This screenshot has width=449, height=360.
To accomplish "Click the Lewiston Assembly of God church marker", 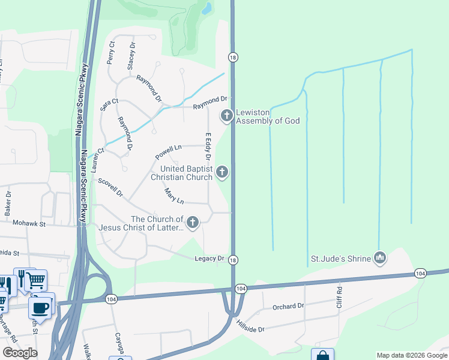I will click(x=227, y=115).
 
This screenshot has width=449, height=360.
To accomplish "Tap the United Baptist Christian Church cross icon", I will click(x=222, y=173).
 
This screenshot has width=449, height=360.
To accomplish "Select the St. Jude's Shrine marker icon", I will click(x=379, y=259).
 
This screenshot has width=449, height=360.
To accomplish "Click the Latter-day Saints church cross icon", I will click(x=193, y=223).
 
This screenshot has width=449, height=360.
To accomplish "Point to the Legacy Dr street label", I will click(x=209, y=259).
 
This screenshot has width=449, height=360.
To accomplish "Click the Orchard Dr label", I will click(x=288, y=307).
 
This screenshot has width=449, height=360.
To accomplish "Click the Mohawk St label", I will click(x=29, y=224).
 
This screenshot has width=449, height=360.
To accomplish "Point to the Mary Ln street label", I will click(x=174, y=196).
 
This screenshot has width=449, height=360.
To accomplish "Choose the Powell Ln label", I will click(x=168, y=151).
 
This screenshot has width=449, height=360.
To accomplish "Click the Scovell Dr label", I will click(x=110, y=188).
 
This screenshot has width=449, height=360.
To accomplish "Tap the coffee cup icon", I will click(x=41, y=308).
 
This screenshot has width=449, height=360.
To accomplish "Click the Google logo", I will click(x=20, y=353).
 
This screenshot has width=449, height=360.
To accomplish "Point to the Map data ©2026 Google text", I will click(x=411, y=355).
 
